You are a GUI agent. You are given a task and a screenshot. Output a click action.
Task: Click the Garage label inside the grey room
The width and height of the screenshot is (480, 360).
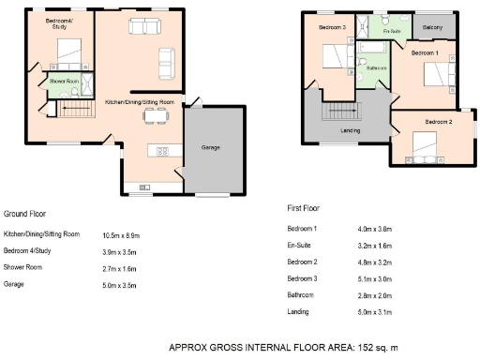point(211,147)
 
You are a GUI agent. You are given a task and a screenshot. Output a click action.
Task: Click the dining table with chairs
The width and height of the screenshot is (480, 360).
point(154,116)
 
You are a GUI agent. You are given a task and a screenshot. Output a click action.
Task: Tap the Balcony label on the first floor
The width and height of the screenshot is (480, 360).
point(433,27)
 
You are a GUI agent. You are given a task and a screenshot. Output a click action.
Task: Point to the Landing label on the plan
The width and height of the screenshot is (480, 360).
point(352,130)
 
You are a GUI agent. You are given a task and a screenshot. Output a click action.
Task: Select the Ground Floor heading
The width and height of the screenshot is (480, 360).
point(25,213)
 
